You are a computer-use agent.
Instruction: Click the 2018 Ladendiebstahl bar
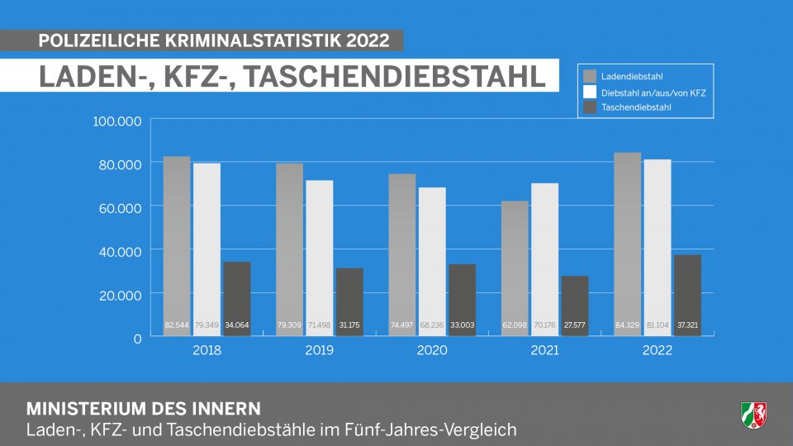177,240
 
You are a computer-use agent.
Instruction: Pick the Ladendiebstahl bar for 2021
515,264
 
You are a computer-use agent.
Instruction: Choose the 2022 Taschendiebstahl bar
687,293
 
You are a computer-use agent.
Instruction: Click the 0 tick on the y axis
137,338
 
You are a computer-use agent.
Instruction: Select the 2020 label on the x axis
431,351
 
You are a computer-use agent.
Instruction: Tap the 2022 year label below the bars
658,351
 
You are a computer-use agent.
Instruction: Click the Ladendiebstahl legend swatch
590,76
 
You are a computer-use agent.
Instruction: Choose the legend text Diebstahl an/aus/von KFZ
653,93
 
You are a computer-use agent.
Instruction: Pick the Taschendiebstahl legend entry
636,107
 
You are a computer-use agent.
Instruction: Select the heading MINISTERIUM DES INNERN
144,409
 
